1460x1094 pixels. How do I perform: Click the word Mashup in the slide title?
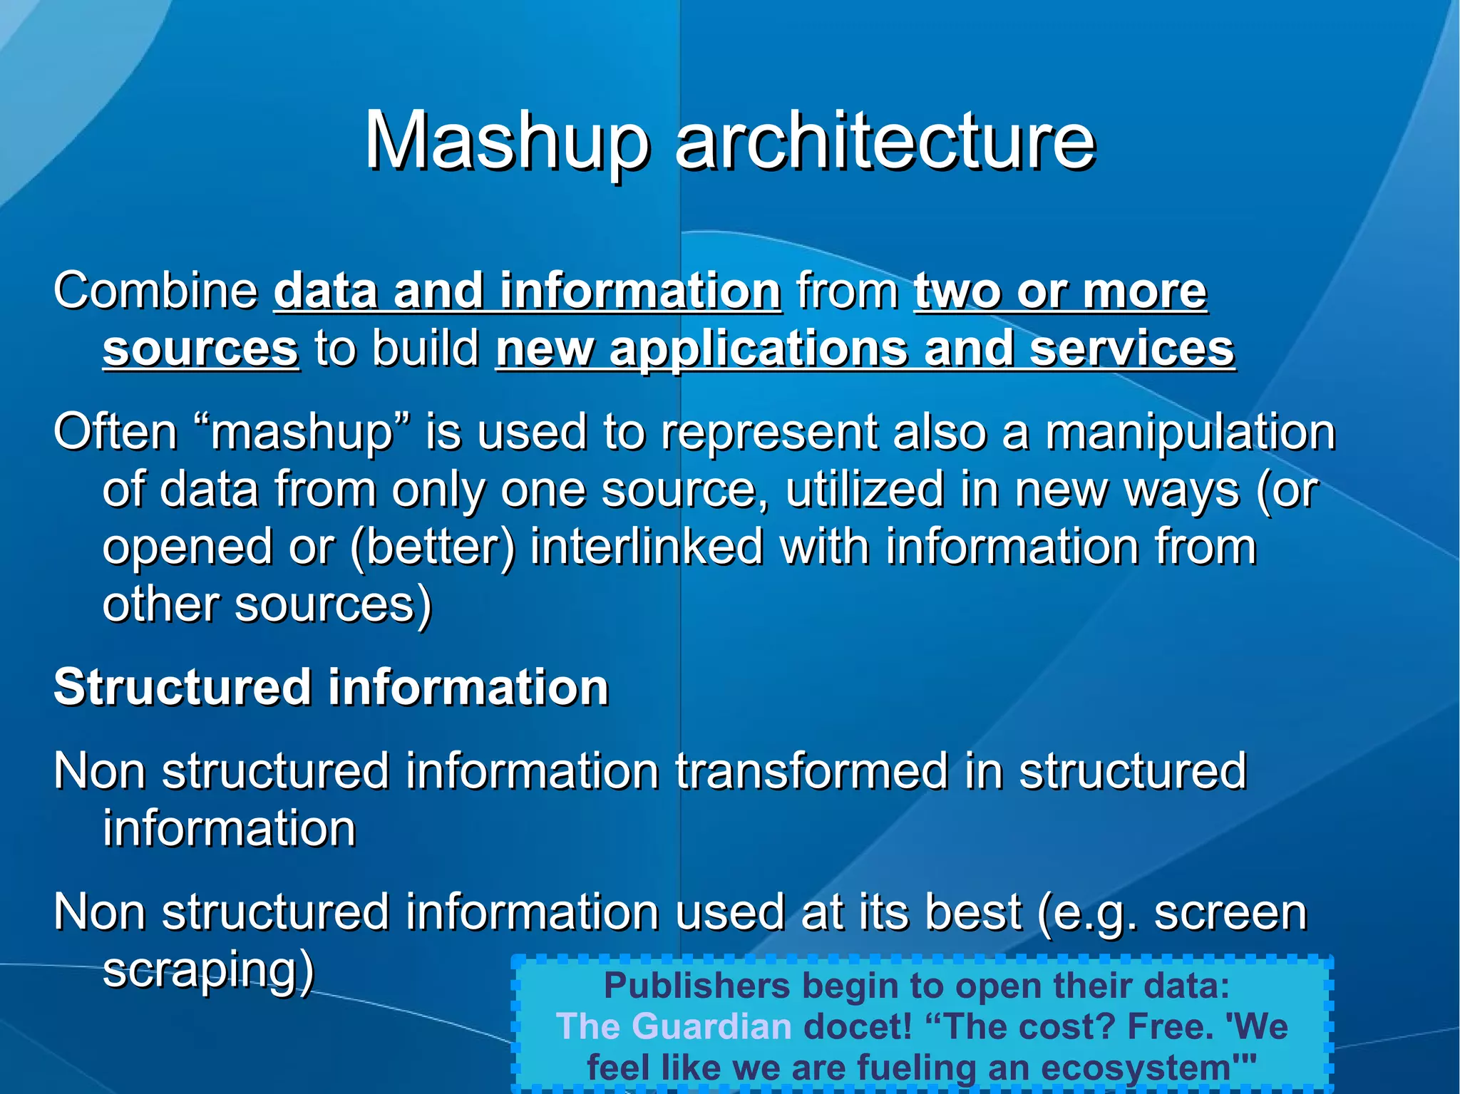(x=507, y=142)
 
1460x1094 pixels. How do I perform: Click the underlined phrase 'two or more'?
(x=1060, y=291)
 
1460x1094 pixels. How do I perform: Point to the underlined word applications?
(x=759, y=349)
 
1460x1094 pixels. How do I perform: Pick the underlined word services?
(x=1132, y=349)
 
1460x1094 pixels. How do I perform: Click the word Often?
(x=115, y=433)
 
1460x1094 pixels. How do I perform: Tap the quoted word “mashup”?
(x=302, y=433)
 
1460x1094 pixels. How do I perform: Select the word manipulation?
(x=1191, y=433)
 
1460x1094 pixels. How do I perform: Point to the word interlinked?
(x=647, y=547)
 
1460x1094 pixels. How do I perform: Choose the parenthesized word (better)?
(x=432, y=547)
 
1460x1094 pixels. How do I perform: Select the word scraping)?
(x=208, y=970)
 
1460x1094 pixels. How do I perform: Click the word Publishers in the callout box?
(x=696, y=986)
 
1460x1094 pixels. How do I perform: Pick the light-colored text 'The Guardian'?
(x=674, y=1027)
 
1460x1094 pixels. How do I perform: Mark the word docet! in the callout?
(x=858, y=1027)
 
